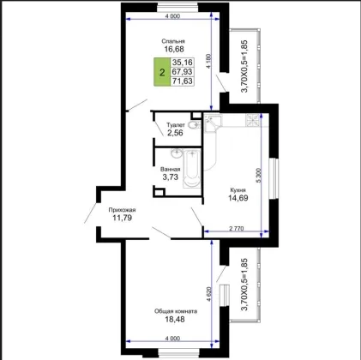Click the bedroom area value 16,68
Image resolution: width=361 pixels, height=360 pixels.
coord(174,49)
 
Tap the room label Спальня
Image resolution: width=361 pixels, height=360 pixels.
coord(173,41)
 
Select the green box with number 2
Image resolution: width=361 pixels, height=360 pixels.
coord(162,72)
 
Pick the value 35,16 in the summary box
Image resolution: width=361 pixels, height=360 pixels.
coord(183,63)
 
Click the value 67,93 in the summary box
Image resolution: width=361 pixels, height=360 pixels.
coord(183,71)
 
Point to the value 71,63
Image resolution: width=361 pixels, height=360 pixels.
coord(183,81)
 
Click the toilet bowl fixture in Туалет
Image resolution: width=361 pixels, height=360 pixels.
coord(195,124)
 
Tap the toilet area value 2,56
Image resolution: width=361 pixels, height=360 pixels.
coord(175,133)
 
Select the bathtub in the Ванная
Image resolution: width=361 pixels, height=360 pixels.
coord(192,169)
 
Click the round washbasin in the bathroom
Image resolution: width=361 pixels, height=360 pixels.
coord(177,153)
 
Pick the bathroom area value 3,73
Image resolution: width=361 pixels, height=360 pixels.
coord(171,177)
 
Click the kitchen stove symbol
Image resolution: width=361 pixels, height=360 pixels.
coord(253,120)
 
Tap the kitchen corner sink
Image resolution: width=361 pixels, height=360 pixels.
coord(212,123)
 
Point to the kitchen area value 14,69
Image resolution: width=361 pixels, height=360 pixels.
coord(238,198)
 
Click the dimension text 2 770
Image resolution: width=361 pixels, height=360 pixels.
coord(237,228)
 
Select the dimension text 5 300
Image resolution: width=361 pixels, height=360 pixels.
coord(259,175)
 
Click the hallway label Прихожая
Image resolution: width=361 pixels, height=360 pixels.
coord(122,210)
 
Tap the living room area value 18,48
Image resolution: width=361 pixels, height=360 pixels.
coord(175,319)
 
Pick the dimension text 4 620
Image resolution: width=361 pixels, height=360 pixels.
coord(209,294)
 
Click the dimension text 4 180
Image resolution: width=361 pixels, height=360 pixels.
coord(208,61)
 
